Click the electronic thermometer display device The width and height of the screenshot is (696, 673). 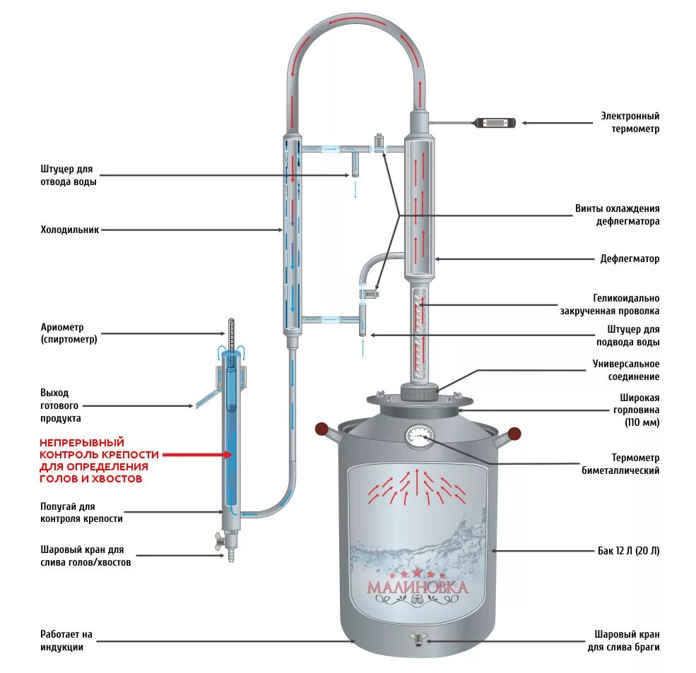[497, 123]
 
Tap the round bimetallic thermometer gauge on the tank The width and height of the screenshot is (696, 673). [418, 435]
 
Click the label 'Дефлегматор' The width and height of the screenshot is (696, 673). [630, 259]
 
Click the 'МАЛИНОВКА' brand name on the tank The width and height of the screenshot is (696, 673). [417, 588]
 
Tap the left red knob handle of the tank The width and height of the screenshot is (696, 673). [322, 428]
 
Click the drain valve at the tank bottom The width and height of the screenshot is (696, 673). [418, 639]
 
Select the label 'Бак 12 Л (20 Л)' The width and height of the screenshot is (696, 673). [628, 551]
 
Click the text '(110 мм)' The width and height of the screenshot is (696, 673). [642, 422]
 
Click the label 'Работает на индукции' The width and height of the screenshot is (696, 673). [66, 641]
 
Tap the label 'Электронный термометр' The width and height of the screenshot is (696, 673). [630, 122]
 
